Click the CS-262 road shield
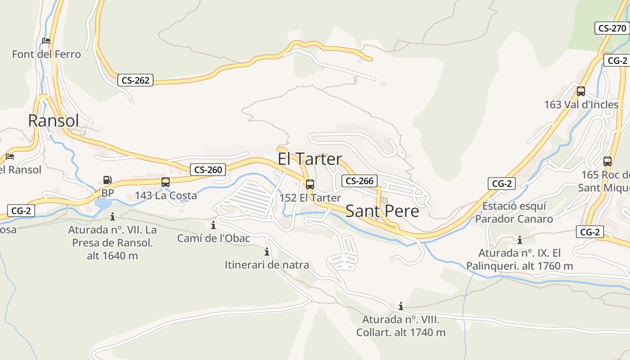pyautogui.click(x=135, y=81)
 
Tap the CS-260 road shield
pyautogui.click(x=208, y=170)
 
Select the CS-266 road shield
pyautogui.click(x=359, y=181)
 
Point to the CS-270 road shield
pyautogui.click(x=612, y=28)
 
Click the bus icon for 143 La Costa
pyautogui.click(x=166, y=182)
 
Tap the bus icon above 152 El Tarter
pyautogui.click(x=310, y=184)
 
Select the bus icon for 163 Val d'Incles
pyautogui.click(x=581, y=91)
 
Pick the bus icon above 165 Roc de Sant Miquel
pyautogui.click(x=607, y=162)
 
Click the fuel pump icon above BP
pyautogui.click(x=107, y=180)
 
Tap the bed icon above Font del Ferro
pyautogui.click(x=46, y=41)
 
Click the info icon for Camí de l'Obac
pyautogui.click(x=213, y=225)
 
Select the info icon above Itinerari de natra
pyautogui.click(x=267, y=252)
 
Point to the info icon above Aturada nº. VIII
pyautogui.click(x=401, y=306)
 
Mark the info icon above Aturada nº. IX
pyautogui.click(x=520, y=240)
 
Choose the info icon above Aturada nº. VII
pyautogui.click(x=112, y=216)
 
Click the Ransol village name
pyautogui.click(x=54, y=121)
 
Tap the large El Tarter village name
pyautogui.click(x=310, y=159)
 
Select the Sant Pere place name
pyautogui.click(x=382, y=211)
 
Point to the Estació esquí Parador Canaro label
pyautogui.click(x=514, y=212)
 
